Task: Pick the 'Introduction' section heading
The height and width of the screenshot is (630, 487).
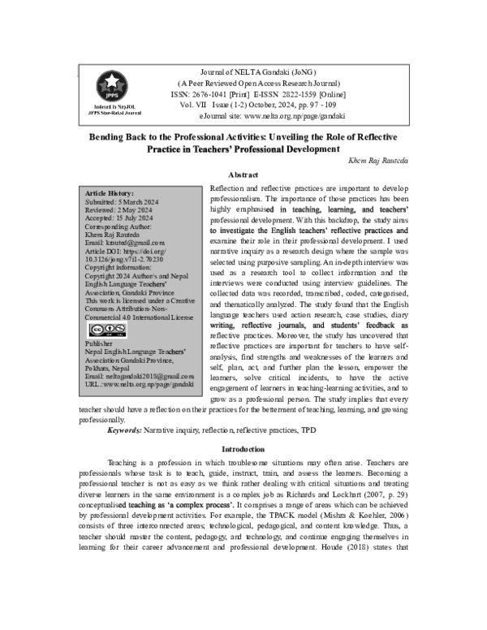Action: (x=243, y=449)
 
